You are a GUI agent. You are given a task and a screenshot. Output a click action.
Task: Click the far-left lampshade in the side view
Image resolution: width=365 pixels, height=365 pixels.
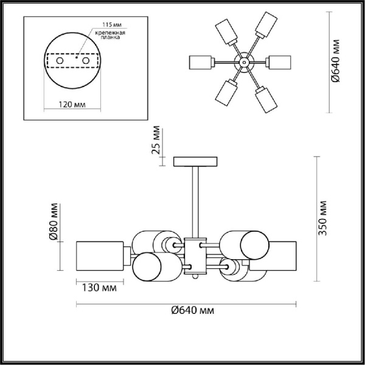pos(99,256)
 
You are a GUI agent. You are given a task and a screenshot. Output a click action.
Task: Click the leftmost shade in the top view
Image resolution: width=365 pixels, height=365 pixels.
pos(200,63)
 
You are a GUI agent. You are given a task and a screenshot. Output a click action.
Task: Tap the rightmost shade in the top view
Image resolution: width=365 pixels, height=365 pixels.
pos(281,63)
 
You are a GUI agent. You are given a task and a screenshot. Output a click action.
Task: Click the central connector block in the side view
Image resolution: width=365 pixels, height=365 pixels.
pos(195,255)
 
